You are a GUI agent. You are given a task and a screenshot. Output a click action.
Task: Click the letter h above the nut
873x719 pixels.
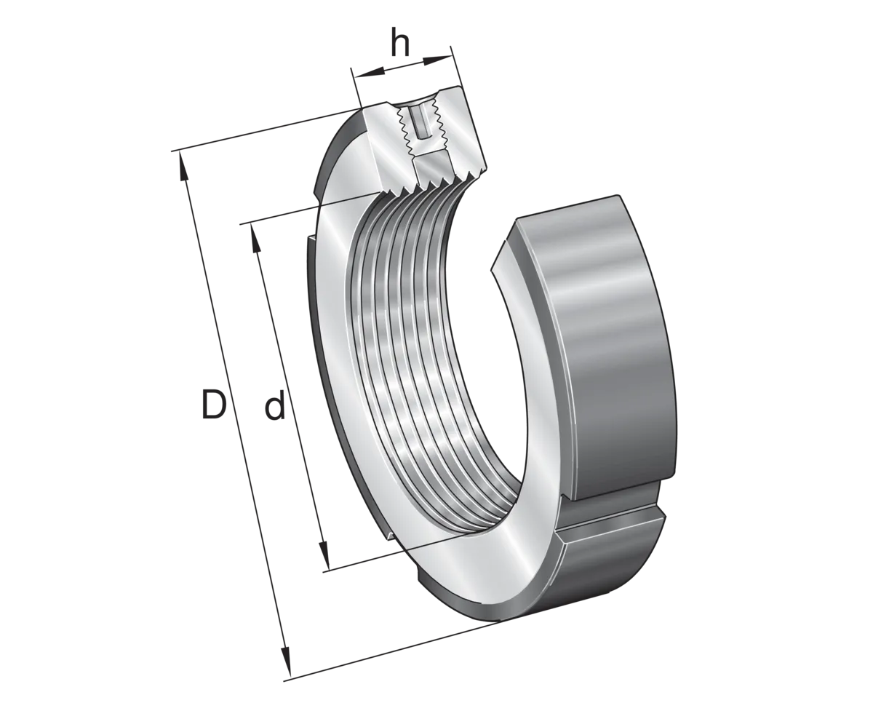coord(400,44)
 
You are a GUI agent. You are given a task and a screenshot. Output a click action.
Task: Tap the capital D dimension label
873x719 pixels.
coord(214,404)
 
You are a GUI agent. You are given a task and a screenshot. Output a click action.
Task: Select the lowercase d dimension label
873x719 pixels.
coord(275,407)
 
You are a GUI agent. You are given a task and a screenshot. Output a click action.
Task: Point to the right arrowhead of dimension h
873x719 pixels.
coord(436,61)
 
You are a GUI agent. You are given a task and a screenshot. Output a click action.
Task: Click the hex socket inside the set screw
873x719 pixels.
coord(421,122)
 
